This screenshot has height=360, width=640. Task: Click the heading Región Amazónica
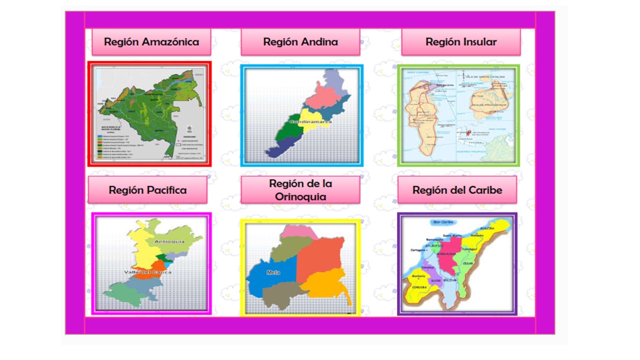(x=151, y=42)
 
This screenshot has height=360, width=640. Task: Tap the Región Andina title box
(x=300, y=42)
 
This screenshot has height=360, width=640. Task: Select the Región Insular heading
(x=460, y=42)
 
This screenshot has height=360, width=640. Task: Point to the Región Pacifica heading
(x=147, y=190)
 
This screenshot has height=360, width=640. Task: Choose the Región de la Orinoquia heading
(x=300, y=190)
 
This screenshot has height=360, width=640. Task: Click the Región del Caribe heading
(x=457, y=190)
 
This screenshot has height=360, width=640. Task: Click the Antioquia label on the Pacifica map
(x=169, y=241)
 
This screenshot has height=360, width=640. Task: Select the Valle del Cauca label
(x=147, y=272)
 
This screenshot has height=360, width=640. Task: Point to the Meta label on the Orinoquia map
(x=273, y=272)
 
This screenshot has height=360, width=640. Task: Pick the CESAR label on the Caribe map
(x=468, y=263)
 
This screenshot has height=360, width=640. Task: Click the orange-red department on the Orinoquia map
(x=320, y=257)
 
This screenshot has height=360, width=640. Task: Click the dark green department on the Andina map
(x=285, y=131)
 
